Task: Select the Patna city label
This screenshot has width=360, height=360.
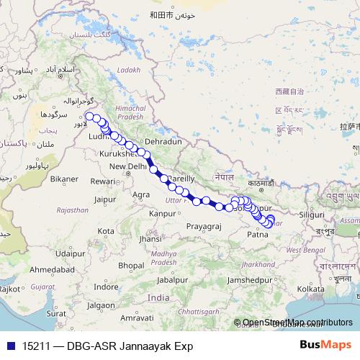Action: (x=258, y=234)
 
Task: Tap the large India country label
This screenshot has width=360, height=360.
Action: (x=158, y=297)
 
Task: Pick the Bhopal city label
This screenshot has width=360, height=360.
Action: (x=131, y=265)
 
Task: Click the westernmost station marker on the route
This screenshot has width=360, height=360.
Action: (x=89, y=116)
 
